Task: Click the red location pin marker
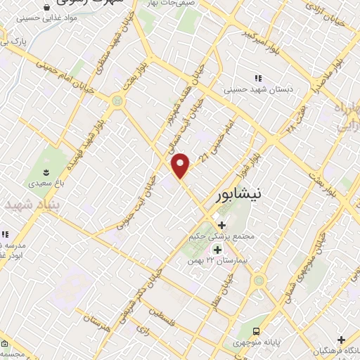pyautogui.click(x=181, y=166)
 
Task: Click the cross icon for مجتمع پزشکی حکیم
pyautogui.click(x=222, y=226)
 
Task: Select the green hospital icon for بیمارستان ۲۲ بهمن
pyautogui.click(x=217, y=250)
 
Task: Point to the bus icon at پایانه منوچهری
pyautogui.click(x=257, y=330)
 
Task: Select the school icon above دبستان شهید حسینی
pyautogui.click(x=257, y=78)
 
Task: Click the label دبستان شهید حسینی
pyautogui.click(x=257, y=89)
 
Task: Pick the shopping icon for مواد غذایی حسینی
pyautogui.click(x=46, y=7)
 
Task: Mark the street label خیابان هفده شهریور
pyautogui.click(x=171, y=116)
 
